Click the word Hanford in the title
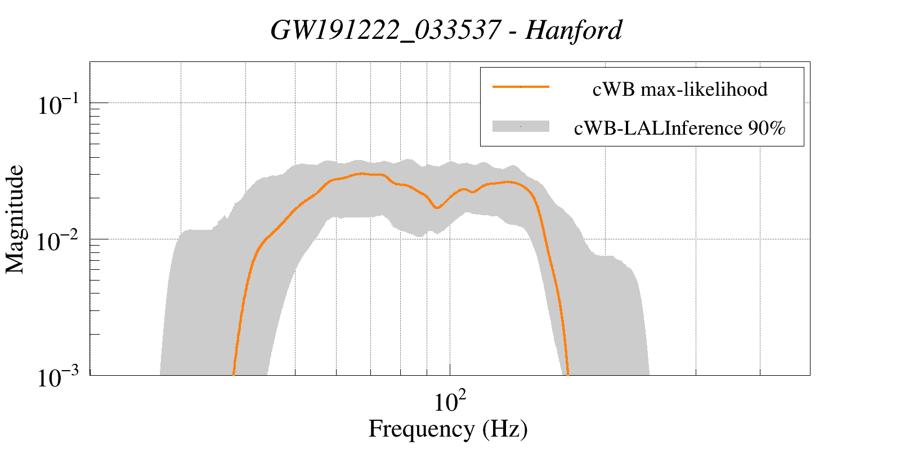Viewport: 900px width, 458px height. (574, 30)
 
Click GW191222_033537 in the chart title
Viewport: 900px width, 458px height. (384, 30)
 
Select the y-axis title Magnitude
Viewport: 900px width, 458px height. (15, 220)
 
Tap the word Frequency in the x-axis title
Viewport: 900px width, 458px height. (421, 429)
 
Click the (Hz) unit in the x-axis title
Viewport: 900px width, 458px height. (505, 429)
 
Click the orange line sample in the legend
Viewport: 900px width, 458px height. (521, 87)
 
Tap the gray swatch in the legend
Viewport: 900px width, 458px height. (521, 127)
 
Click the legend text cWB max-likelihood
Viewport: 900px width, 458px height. (680, 89)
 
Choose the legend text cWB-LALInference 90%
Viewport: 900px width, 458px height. (679, 128)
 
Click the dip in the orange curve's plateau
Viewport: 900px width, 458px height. (437, 208)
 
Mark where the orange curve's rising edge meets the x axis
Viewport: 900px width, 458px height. (234, 374)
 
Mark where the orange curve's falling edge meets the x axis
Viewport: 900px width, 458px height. (568, 374)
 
